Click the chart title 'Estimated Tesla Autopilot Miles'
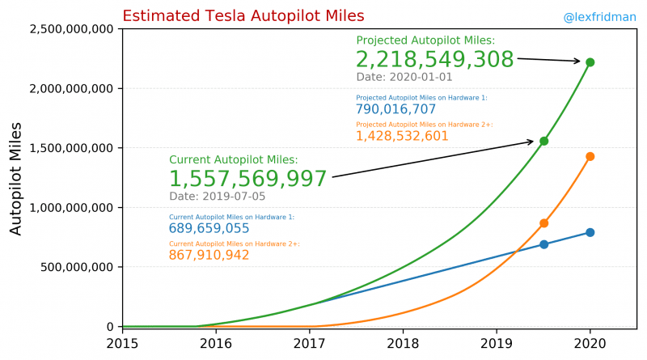pyautogui.click(x=243, y=16)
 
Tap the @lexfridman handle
pyautogui.click(x=600, y=16)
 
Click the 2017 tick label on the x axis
pyautogui.click(x=310, y=342)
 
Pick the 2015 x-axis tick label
pyautogui.click(x=123, y=342)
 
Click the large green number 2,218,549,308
pyautogui.click(x=434, y=60)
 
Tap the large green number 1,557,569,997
pyautogui.click(x=248, y=179)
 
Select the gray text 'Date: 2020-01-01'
pyautogui.click(x=404, y=78)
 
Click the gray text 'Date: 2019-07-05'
pyautogui.click(x=217, y=197)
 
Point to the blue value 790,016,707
pyautogui.click(x=395, y=109)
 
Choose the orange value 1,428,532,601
pyautogui.click(x=402, y=136)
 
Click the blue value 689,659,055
pyautogui.click(x=209, y=229)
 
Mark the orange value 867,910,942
pyautogui.click(x=209, y=256)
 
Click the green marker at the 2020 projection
pyautogui.click(x=590, y=62)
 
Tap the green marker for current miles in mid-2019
pyautogui.click(x=544, y=141)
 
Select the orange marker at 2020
pyautogui.click(x=590, y=156)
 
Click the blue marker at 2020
pyautogui.click(x=590, y=232)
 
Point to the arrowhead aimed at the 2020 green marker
pyautogui.click(x=577, y=61)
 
